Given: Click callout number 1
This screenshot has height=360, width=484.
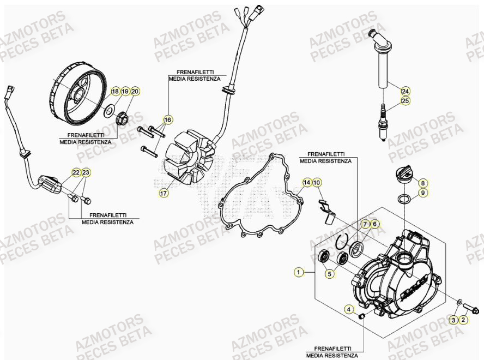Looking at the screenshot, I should [x=298, y=271].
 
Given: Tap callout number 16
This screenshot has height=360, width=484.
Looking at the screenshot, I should [x=168, y=119].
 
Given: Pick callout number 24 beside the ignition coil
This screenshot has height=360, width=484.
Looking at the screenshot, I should [x=405, y=91].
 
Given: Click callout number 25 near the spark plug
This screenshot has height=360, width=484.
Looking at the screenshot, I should [x=405, y=101].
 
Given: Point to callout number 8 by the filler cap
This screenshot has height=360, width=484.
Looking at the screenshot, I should [x=423, y=183].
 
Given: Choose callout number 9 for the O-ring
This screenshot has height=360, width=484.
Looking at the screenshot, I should [x=423, y=193].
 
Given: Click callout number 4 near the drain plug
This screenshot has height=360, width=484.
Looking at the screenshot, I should [x=348, y=310].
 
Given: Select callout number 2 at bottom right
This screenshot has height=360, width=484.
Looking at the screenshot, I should [x=463, y=320].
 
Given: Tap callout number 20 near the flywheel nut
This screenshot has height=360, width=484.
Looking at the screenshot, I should [x=135, y=92].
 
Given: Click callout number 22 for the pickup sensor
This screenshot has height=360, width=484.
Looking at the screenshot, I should [x=76, y=173].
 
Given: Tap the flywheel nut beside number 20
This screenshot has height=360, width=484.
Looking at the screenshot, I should [x=123, y=116].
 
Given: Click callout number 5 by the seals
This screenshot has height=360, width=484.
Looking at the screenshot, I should [x=330, y=274].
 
